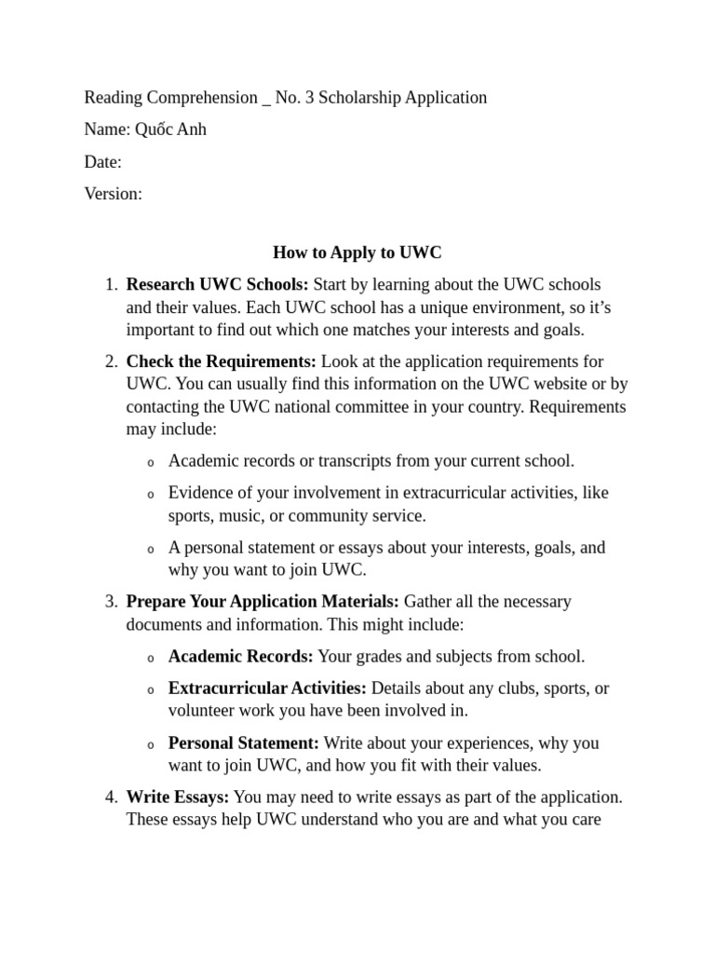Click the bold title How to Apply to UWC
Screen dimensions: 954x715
point(357,252)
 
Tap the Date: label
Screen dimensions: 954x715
point(103,162)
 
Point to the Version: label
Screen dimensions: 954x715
point(114,194)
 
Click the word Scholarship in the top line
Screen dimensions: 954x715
point(359,97)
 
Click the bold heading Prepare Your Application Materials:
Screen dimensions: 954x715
point(263,602)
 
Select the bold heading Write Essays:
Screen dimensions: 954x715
point(177,797)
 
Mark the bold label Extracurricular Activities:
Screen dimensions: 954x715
point(267,688)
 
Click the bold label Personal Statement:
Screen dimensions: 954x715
point(244,743)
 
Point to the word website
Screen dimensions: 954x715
point(545,384)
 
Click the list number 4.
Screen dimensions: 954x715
point(110,797)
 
